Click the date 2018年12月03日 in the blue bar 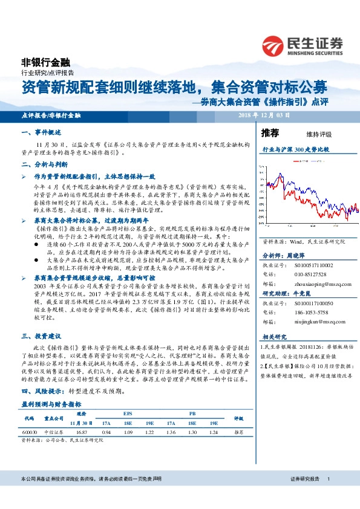tap(264, 115)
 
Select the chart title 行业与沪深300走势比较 tap(295, 149)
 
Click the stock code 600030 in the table tap(29, 432)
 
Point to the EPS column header tap(127, 413)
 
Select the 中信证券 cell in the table tap(54, 432)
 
